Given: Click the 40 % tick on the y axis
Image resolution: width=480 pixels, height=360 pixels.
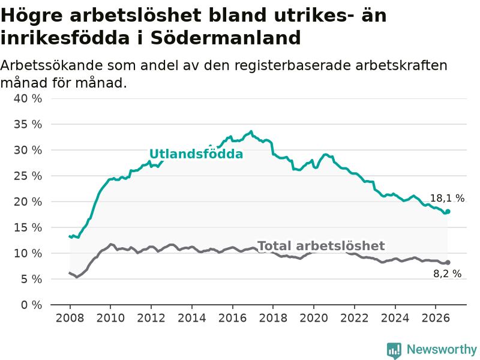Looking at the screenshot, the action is pyautogui.click(x=28, y=98).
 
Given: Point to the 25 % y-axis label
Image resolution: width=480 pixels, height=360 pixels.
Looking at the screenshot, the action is pyautogui.click(x=28, y=176).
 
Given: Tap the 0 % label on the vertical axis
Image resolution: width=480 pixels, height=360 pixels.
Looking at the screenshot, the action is pyautogui.click(x=32, y=305).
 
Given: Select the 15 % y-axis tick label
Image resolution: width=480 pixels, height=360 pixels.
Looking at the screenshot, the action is pyautogui.click(x=28, y=227).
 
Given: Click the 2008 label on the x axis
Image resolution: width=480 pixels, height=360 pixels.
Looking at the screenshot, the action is pyautogui.click(x=70, y=318).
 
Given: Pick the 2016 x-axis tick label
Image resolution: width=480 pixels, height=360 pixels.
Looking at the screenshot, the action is pyautogui.click(x=232, y=318).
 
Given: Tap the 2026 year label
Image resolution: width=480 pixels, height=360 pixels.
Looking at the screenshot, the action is pyautogui.click(x=436, y=318).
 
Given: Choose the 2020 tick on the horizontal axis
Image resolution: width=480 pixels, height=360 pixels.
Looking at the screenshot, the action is pyautogui.click(x=314, y=318).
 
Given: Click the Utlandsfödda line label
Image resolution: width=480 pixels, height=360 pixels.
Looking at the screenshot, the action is pyautogui.click(x=196, y=154).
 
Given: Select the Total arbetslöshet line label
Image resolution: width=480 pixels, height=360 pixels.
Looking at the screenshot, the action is pyautogui.click(x=321, y=246).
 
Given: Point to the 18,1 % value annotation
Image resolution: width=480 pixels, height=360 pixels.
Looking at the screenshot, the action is pyautogui.click(x=447, y=199).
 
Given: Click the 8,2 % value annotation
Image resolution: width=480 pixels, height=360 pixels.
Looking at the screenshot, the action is pyautogui.click(x=447, y=274).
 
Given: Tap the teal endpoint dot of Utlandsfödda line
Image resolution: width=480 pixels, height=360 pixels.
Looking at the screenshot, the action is pyautogui.click(x=448, y=212).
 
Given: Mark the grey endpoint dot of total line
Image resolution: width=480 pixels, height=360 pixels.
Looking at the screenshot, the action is pyautogui.click(x=448, y=262).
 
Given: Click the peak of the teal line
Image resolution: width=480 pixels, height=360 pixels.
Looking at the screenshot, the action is pyautogui.click(x=251, y=131).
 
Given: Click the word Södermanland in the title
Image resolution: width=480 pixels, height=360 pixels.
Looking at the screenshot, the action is pyautogui.click(x=226, y=38).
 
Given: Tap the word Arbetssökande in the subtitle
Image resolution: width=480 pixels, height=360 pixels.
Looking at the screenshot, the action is pyautogui.click(x=51, y=65).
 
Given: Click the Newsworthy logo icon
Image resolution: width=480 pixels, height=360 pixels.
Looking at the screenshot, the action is pyautogui.click(x=394, y=350).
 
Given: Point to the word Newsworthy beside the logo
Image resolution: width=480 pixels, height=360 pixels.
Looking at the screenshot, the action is pyautogui.click(x=442, y=349).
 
